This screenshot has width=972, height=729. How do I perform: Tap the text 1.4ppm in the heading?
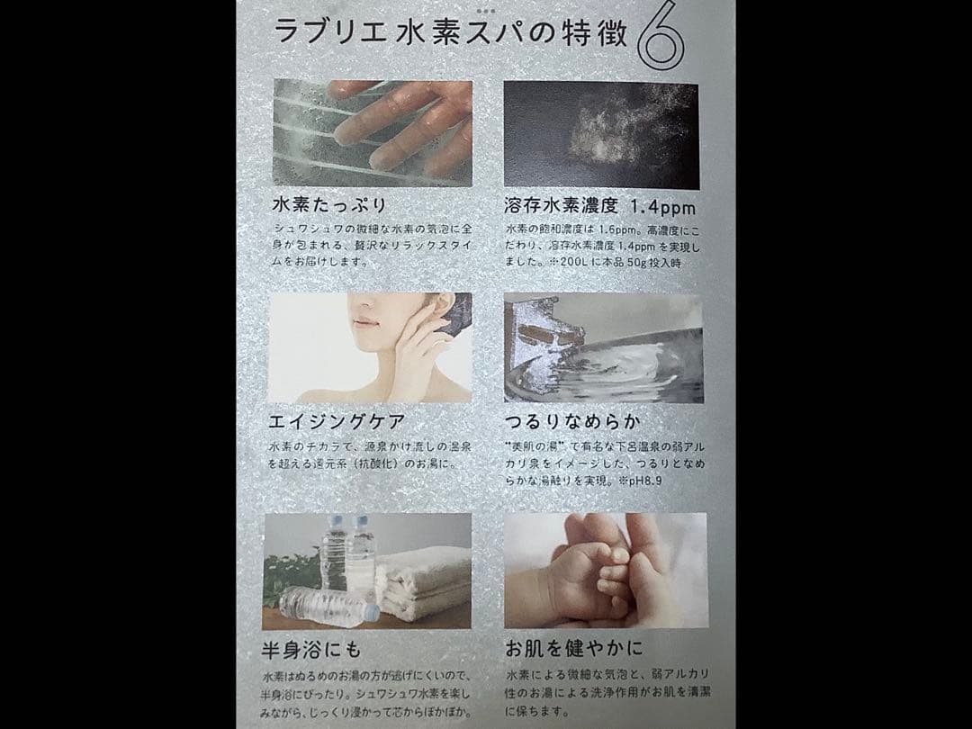click(x=659, y=204)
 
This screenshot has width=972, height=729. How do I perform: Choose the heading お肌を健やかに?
click(x=573, y=650)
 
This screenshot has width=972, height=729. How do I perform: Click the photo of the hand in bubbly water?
click(x=372, y=131)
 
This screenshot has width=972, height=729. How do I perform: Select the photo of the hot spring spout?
click(x=604, y=346)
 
